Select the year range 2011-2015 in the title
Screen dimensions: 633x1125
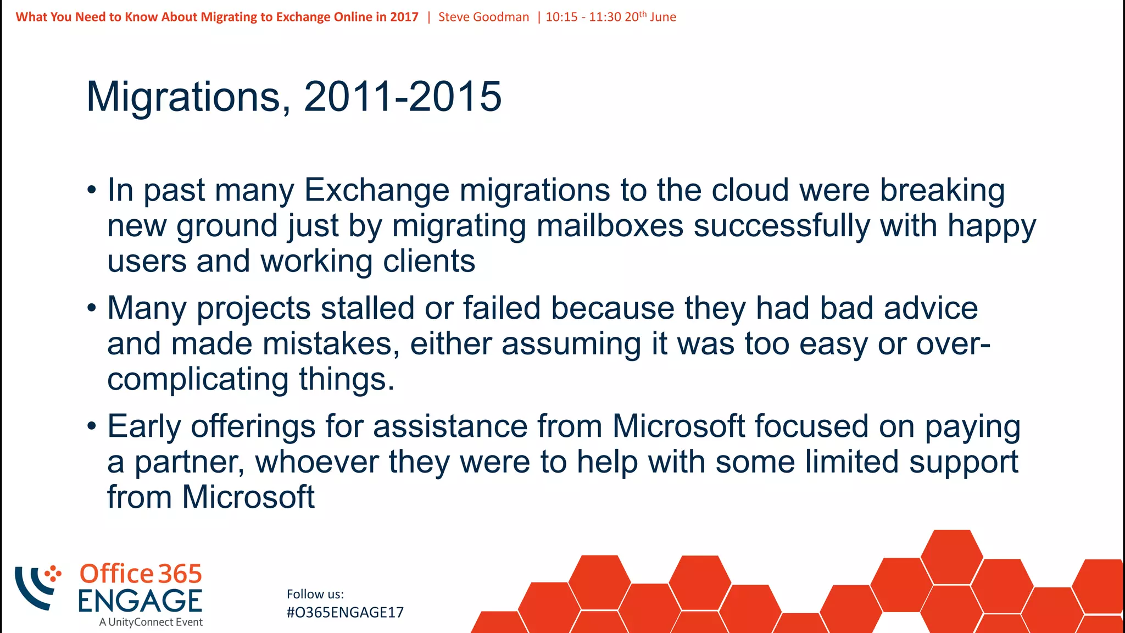coord(403,97)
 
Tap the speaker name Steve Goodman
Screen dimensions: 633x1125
coord(483,17)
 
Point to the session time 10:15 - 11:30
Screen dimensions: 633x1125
coord(583,17)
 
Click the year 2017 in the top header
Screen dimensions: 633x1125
coord(404,17)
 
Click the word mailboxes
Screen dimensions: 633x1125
coord(610,226)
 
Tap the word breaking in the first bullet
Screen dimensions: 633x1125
coord(942,191)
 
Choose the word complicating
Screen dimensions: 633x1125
coord(198,380)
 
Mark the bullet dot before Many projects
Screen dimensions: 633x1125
coord(92,308)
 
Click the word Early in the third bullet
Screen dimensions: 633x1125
coord(144,427)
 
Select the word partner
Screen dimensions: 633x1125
coord(189,462)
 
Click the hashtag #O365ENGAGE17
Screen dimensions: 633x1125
coord(345,613)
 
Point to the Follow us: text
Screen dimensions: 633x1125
coord(315,594)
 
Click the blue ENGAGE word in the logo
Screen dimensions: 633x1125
coord(140,601)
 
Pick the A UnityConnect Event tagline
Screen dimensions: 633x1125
coord(151,623)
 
